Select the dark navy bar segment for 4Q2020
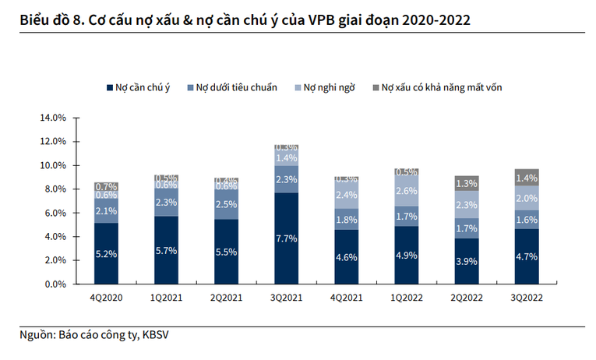(x=106, y=253)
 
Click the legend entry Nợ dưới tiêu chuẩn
(x=236, y=87)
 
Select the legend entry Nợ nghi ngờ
(x=329, y=87)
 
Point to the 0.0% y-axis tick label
(x=54, y=284)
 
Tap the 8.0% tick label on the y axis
(x=54, y=189)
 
